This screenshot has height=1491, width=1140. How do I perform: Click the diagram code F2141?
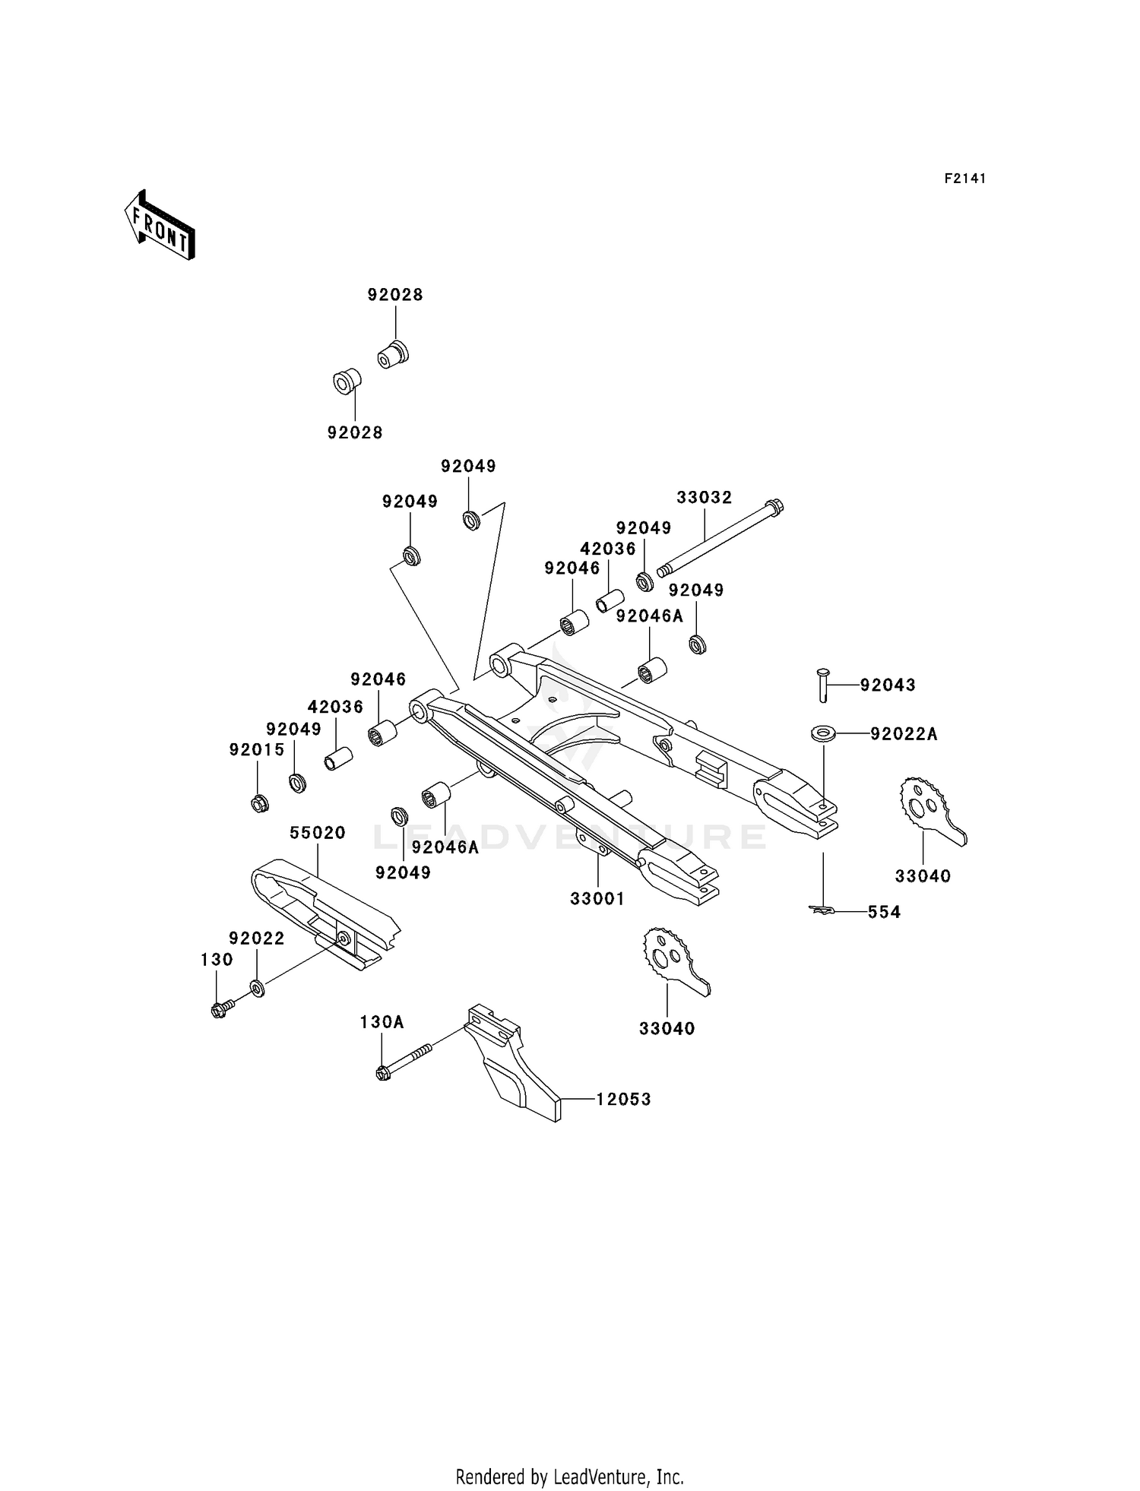tap(964, 179)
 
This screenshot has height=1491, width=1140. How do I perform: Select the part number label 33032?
tap(705, 497)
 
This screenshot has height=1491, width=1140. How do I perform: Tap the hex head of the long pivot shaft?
tap(774, 506)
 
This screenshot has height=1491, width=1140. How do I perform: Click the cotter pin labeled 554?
tap(823, 909)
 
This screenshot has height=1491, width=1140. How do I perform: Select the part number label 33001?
tap(597, 899)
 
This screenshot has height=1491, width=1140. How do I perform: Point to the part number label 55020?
tap(317, 833)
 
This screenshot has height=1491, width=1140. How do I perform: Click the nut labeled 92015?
tap(258, 802)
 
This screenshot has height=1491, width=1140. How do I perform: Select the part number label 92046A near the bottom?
tap(445, 847)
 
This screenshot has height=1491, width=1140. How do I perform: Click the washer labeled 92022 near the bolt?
tap(258, 989)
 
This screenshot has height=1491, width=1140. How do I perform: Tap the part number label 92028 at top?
tap(395, 295)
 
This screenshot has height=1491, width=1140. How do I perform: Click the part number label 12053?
tap(623, 1099)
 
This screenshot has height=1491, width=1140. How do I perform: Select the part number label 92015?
tap(257, 750)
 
